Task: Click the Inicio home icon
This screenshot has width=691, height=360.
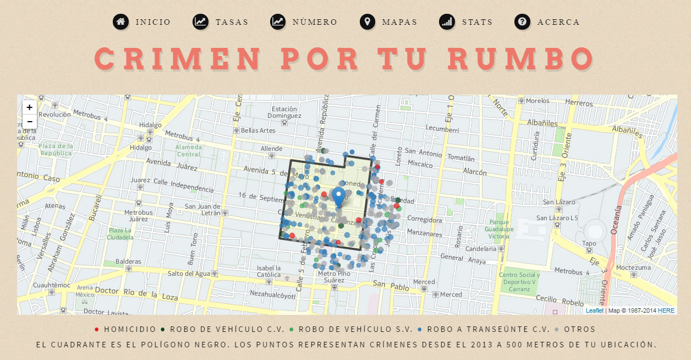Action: [x=120, y=22]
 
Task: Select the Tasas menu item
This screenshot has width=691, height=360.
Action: [x=232, y=22]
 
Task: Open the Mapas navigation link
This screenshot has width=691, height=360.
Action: [x=399, y=22]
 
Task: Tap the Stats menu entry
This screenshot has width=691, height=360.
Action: [x=477, y=22]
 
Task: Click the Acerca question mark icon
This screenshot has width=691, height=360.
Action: [x=522, y=22]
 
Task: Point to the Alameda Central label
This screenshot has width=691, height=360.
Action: [x=188, y=150]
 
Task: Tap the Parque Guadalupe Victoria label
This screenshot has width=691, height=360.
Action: [x=499, y=229]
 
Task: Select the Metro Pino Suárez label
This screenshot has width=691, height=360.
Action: [x=334, y=276]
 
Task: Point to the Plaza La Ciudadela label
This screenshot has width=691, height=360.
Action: [x=121, y=233]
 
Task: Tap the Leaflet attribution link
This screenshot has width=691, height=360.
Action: [x=594, y=310]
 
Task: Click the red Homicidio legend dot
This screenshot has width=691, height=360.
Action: [x=97, y=330]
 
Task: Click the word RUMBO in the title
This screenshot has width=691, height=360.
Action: [x=520, y=58]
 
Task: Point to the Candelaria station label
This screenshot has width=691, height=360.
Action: [x=481, y=249]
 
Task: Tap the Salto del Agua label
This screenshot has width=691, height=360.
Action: [x=189, y=273]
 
